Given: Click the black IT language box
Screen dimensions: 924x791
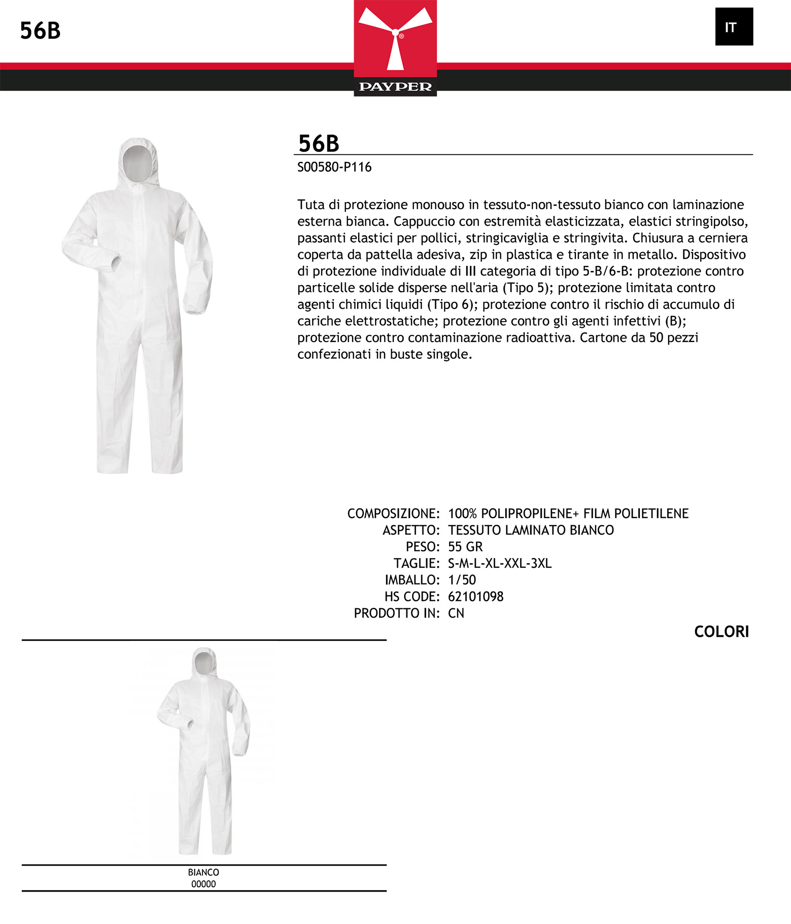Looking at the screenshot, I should tap(734, 27).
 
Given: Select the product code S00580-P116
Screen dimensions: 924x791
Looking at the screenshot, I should tap(334, 167).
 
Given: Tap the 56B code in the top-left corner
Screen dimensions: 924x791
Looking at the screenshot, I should tap(40, 31).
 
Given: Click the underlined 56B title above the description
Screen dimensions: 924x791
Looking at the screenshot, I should tap(319, 143).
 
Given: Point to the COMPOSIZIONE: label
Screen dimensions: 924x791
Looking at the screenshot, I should tap(393, 514).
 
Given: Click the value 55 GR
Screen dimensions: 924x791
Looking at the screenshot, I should tap(465, 546).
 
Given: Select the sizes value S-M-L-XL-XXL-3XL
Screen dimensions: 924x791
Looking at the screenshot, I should tap(499, 563).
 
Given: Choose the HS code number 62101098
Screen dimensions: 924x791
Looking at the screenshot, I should tap(475, 596).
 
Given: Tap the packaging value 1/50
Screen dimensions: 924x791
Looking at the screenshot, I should tap(462, 579).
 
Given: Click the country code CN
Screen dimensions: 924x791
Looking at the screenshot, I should tap(456, 613).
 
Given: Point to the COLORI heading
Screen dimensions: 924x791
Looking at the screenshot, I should tap(721, 632).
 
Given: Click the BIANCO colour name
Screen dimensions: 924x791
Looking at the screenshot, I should tap(203, 872).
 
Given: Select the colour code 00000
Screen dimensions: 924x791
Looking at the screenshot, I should tap(203, 884).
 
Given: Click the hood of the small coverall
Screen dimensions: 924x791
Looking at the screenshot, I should tap(204, 662).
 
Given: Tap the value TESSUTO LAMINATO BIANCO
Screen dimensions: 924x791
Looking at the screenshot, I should tap(531, 530).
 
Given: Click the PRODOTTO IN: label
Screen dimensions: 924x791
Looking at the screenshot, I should tap(396, 613).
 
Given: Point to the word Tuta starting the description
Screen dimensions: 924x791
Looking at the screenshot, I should tap(310, 205).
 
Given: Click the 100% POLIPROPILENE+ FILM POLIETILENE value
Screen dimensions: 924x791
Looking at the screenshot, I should tap(568, 514).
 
